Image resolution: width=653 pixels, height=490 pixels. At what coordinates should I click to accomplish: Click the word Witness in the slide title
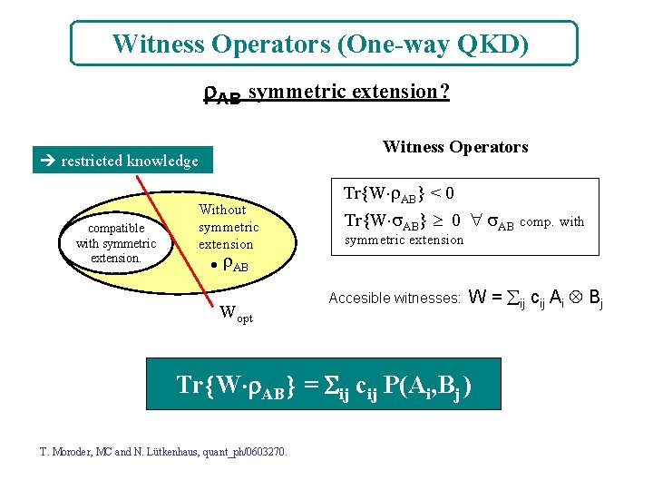tap(153, 44)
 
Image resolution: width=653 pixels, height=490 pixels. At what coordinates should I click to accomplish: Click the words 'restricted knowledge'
tap(129, 162)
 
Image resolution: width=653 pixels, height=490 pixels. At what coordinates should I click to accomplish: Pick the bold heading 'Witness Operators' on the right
tap(455, 147)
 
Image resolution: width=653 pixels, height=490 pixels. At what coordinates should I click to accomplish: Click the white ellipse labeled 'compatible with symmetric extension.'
tap(116, 243)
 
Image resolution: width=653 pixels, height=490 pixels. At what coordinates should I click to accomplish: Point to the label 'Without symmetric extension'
tap(229, 227)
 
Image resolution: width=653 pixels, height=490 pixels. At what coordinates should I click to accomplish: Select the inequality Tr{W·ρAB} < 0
tap(399, 193)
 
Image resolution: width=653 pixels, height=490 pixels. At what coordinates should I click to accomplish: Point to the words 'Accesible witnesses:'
tap(395, 298)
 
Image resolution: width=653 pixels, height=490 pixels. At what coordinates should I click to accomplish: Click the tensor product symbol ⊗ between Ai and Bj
tap(571, 297)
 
